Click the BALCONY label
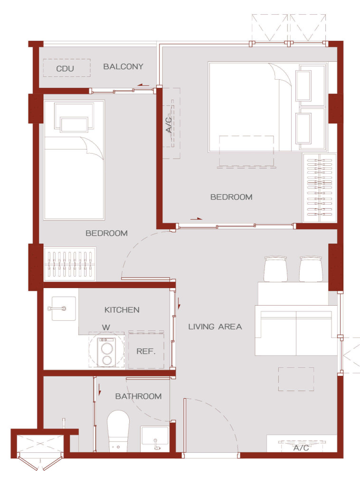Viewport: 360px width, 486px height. (123, 66)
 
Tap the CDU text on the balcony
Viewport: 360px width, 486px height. (65, 68)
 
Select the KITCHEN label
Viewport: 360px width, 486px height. (122, 309)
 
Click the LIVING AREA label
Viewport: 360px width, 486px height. (215, 327)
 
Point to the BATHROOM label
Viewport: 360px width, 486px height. (138, 396)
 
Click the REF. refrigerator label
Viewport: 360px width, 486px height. (146, 351)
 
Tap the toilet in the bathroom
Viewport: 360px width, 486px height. (118, 431)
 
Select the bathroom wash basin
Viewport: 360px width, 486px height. (154, 439)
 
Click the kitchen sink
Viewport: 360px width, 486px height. (64, 308)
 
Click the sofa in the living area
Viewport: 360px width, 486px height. (296, 330)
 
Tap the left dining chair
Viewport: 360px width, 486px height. (275, 269)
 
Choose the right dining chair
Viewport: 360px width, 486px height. (311, 269)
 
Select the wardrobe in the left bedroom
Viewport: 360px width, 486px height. (70, 264)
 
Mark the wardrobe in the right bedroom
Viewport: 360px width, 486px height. (319, 188)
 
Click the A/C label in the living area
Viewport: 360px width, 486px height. (301, 448)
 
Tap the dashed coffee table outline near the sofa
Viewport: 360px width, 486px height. (296, 379)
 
